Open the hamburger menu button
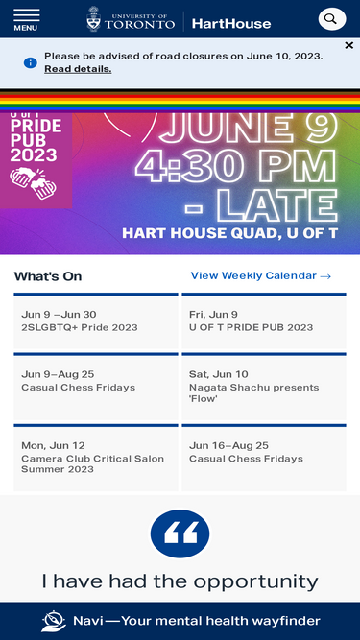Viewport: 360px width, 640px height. (x=26, y=19)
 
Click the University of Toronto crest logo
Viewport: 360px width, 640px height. (x=94, y=19)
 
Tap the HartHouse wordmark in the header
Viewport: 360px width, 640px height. (x=230, y=23)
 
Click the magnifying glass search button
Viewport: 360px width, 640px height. (x=331, y=19)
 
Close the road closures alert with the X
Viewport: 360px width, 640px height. (x=348, y=45)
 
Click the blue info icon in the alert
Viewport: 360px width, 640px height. (x=31, y=62)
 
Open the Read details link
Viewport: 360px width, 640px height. (x=78, y=69)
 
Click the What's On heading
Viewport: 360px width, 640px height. (x=48, y=276)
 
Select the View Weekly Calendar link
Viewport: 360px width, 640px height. (x=260, y=276)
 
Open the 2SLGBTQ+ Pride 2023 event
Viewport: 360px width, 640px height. (x=80, y=327)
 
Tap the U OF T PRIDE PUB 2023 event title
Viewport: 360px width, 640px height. (x=251, y=327)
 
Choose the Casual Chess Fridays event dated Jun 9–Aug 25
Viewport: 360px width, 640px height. (x=78, y=388)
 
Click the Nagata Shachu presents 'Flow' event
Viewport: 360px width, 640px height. (x=253, y=392)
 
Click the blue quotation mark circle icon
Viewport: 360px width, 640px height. (x=180, y=534)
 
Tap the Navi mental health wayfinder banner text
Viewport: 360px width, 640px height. (x=197, y=621)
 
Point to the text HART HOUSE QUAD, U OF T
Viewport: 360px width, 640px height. (x=230, y=233)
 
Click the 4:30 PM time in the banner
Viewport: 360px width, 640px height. (x=235, y=165)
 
